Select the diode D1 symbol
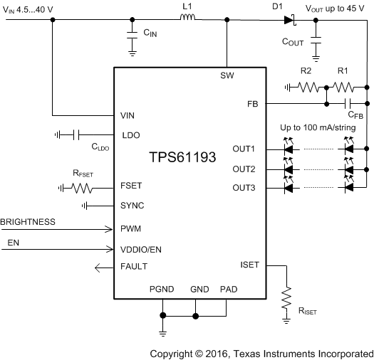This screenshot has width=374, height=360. pyautogui.click(x=289, y=20)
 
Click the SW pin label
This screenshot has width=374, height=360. pyautogui.click(x=227, y=75)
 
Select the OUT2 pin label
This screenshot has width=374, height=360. pyautogui.click(x=244, y=169)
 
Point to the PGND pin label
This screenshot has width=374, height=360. pyautogui.click(x=162, y=290)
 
